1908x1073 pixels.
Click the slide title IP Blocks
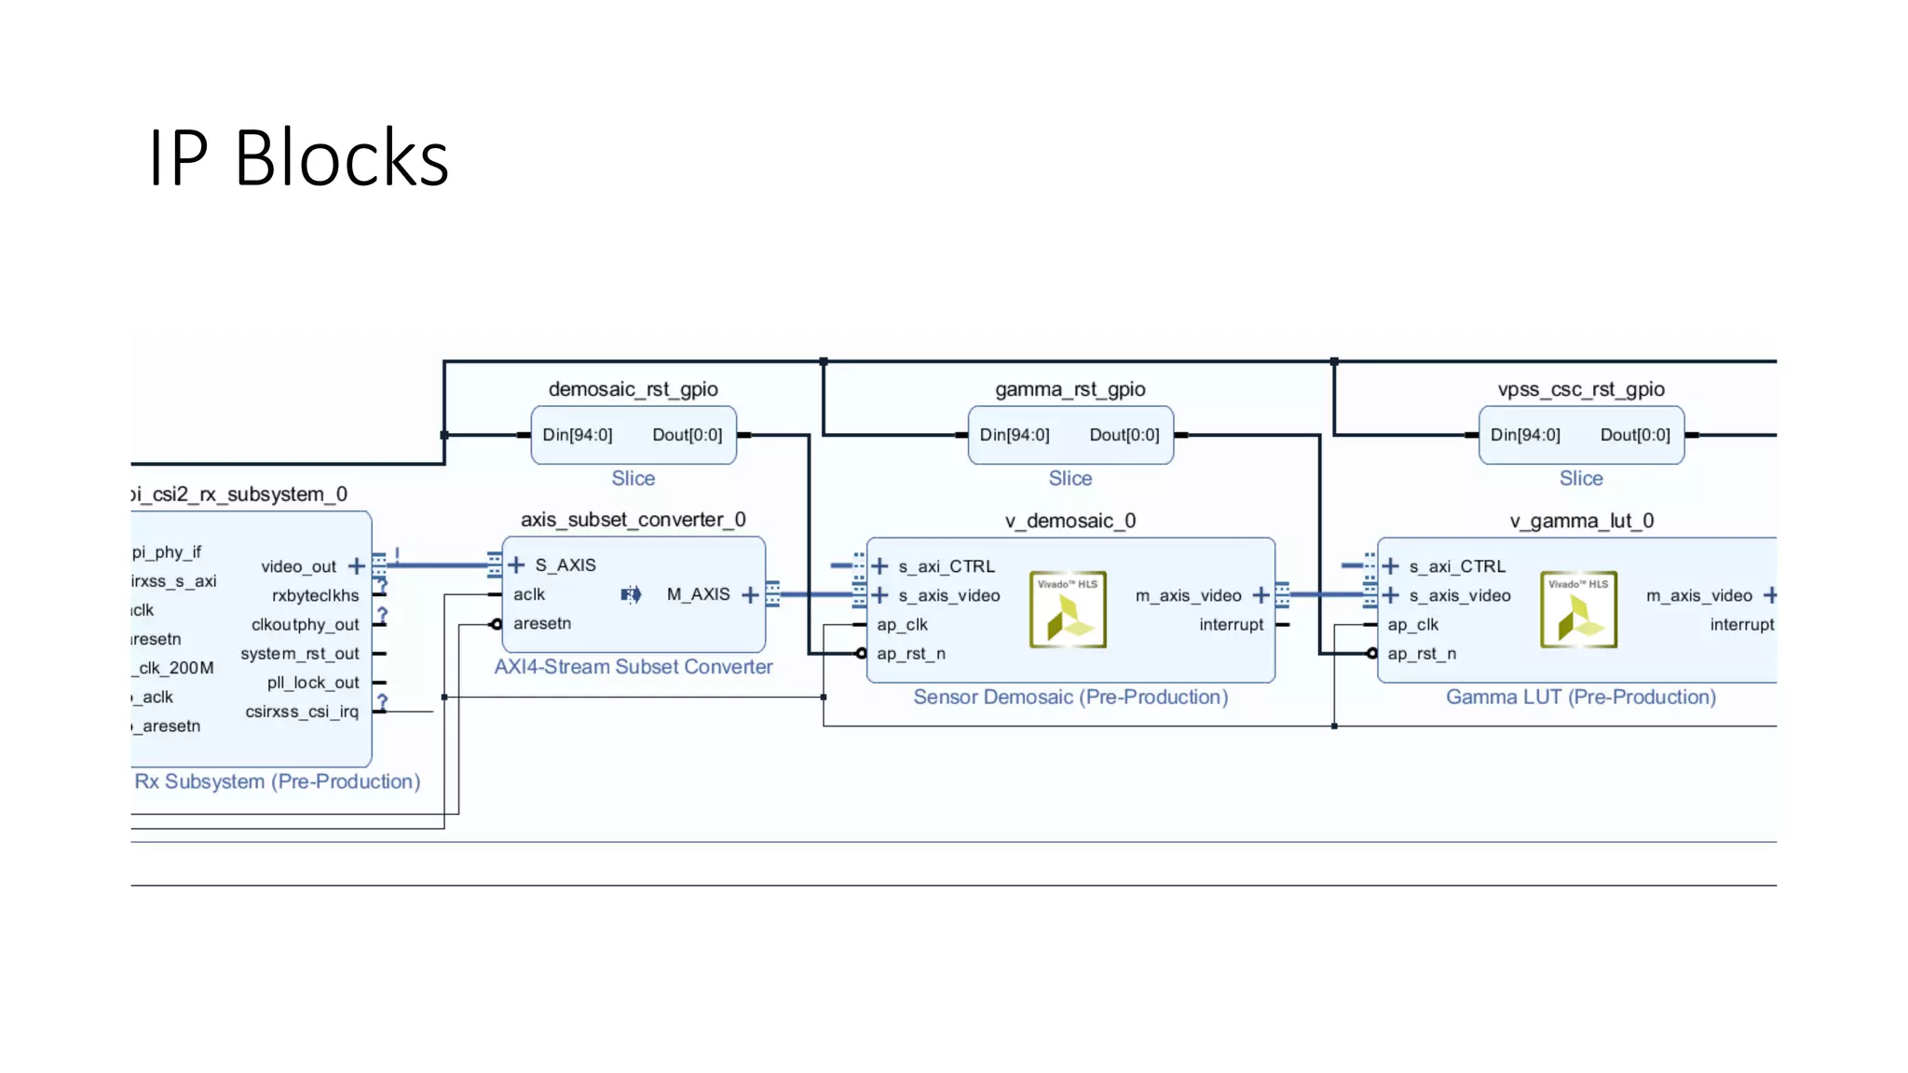(x=298, y=158)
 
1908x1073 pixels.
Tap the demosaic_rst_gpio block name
(x=633, y=389)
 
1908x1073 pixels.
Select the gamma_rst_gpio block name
(x=1070, y=389)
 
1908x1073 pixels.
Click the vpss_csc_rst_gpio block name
(x=1580, y=389)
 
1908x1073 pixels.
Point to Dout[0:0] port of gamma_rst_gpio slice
(x=1124, y=435)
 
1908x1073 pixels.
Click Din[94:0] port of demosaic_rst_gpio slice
(x=578, y=435)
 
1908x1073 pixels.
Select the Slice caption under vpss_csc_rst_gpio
(x=1580, y=478)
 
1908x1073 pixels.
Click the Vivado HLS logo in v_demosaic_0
(x=1068, y=609)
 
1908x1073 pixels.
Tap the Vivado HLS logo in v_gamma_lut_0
(x=1578, y=609)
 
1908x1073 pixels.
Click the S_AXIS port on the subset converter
(x=565, y=565)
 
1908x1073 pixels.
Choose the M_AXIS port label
(x=698, y=594)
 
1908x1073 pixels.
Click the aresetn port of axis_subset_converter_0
(x=541, y=623)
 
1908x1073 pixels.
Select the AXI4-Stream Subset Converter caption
(x=633, y=667)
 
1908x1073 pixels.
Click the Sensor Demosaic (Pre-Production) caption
(x=1070, y=697)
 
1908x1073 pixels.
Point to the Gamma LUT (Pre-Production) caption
(x=1580, y=697)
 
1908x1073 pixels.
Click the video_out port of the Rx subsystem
(x=298, y=566)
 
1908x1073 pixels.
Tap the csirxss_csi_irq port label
(x=301, y=712)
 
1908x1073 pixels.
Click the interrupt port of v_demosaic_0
(x=1231, y=624)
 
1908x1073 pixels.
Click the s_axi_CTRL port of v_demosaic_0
(x=946, y=566)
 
